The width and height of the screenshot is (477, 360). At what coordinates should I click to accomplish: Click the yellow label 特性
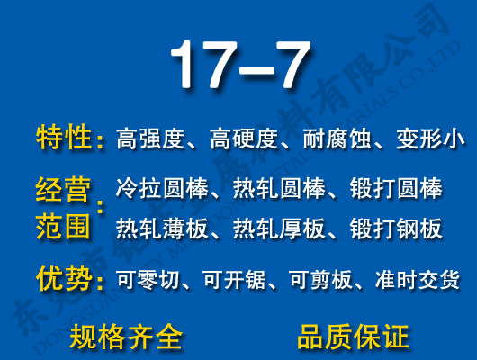(64, 138)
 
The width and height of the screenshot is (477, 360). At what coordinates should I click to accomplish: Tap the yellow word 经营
(63, 191)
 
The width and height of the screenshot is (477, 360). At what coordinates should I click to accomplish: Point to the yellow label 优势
(64, 279)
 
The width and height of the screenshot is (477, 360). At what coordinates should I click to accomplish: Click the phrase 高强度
(150, 139)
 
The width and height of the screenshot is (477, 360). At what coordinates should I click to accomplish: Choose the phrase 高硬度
(244, 139)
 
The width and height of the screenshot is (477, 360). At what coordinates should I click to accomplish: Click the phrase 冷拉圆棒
(162, 191)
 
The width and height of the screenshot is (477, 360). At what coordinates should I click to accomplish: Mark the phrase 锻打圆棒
(396, 191)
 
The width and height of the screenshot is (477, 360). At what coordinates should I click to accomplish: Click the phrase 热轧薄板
(162, 228)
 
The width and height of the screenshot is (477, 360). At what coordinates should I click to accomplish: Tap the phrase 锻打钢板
(396, 228)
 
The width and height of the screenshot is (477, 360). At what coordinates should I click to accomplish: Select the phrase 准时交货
(417, 281)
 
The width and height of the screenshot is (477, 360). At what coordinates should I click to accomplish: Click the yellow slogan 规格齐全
(126, 337)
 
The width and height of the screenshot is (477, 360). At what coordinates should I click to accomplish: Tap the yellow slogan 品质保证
(353, 337)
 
